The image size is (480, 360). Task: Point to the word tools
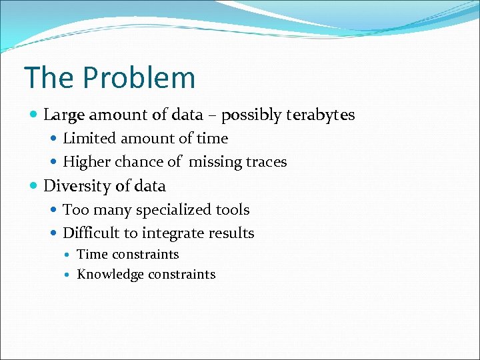tap(232, 210)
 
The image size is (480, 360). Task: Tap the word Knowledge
tap(111, 275)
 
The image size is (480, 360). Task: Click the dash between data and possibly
tap(213, 116)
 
